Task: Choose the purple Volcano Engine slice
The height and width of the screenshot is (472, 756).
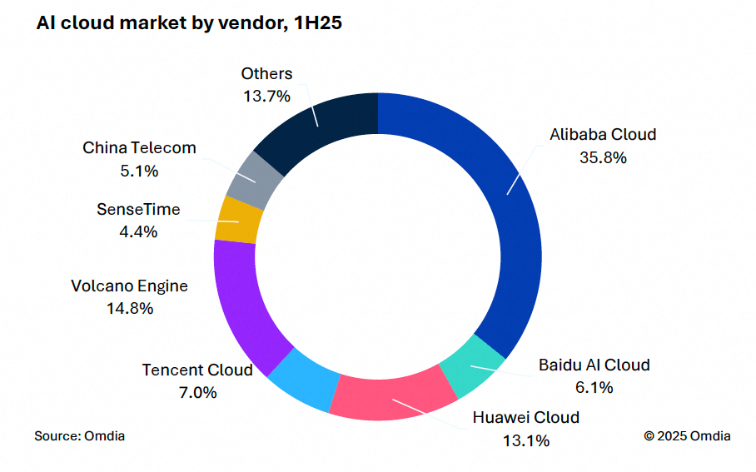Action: tap(241, 300)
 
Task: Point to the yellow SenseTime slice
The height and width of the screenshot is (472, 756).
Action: tap(239, 220)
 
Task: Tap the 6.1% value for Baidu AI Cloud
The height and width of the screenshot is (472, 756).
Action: tap(594, 387)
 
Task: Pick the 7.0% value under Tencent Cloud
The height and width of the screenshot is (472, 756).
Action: tap(197, 392)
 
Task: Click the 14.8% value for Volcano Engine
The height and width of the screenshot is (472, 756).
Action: tap(130, 309)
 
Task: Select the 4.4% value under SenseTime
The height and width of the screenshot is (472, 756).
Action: tap(138, 232)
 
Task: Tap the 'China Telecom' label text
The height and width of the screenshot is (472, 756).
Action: tap(139, 148)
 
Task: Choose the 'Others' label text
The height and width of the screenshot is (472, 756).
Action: tap(266, 74)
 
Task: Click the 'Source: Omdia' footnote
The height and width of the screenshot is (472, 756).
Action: tap(80, 435)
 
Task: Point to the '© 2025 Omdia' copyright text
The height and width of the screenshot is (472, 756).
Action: tap(687, 435)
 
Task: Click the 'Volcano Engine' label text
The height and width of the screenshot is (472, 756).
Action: tap(130, 286)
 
